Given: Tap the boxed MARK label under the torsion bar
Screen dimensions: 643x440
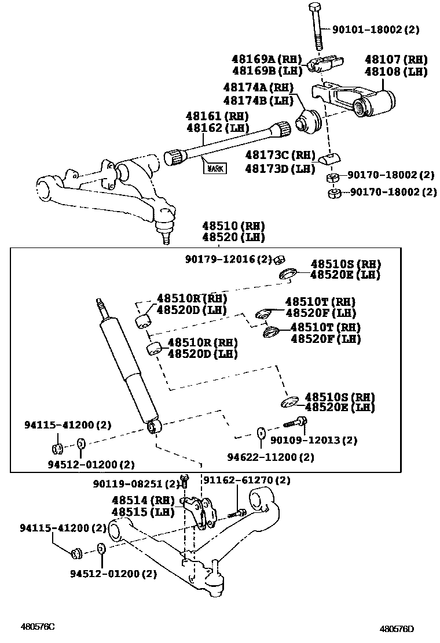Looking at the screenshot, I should (214, 168).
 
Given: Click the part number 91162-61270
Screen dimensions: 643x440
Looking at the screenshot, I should (245, 480).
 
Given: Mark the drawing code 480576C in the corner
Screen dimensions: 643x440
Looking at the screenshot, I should (38, 626).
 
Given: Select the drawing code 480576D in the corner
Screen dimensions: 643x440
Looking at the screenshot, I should (397, 629).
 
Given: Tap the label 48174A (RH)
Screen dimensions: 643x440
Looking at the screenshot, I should (255, 87).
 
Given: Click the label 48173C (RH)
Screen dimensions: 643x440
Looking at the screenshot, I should (280, 155).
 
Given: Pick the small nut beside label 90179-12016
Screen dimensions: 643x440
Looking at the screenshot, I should (278, 258).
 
